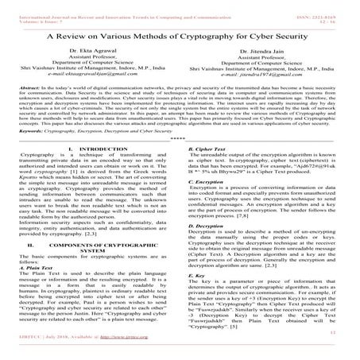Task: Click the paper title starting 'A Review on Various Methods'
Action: [180, 35]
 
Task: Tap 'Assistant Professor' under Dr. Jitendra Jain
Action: [270, 61]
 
